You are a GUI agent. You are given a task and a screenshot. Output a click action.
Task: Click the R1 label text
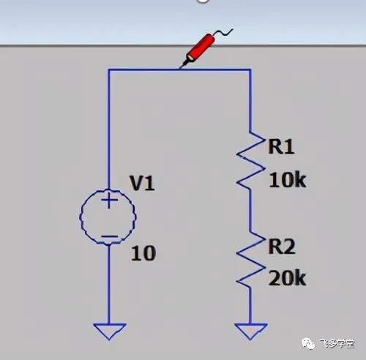click(x=281, y=146)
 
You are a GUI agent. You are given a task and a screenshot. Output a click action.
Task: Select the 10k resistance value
click(x=287, y=180)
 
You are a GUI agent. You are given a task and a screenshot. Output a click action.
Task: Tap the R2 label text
click(x=282, y=247)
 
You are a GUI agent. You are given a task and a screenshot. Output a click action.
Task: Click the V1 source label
click(x=143, y=183)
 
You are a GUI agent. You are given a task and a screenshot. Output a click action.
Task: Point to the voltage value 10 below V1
click(x=143, y=253)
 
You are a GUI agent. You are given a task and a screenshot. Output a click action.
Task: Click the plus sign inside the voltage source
click(x=110, y=200)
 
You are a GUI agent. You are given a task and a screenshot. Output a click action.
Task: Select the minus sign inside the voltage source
click(x=110, y=236)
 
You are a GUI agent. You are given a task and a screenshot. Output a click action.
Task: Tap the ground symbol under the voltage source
click(x=110, y=331)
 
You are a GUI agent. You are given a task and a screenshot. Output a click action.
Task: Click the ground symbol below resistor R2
click(x=250, y=331)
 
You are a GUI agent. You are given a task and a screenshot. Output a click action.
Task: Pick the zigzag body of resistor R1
click(x=250, y=161)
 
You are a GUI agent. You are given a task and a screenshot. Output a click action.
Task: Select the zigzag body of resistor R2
click(x=250, y=260)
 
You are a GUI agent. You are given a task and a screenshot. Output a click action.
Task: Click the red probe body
click(x=201, y=48)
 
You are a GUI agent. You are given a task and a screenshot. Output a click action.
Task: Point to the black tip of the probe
click(x=182, y=64)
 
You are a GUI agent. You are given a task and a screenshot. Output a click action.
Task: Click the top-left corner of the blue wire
click(x=109, y=70)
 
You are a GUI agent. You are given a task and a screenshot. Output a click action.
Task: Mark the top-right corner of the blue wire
click(x=250, y=70)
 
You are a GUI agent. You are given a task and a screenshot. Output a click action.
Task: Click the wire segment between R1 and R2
click(x=250, y=211)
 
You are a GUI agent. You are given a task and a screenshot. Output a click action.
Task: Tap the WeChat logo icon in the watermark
click(x=308, y=343)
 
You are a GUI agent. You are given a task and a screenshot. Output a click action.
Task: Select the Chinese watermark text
click(x=337, y=344)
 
